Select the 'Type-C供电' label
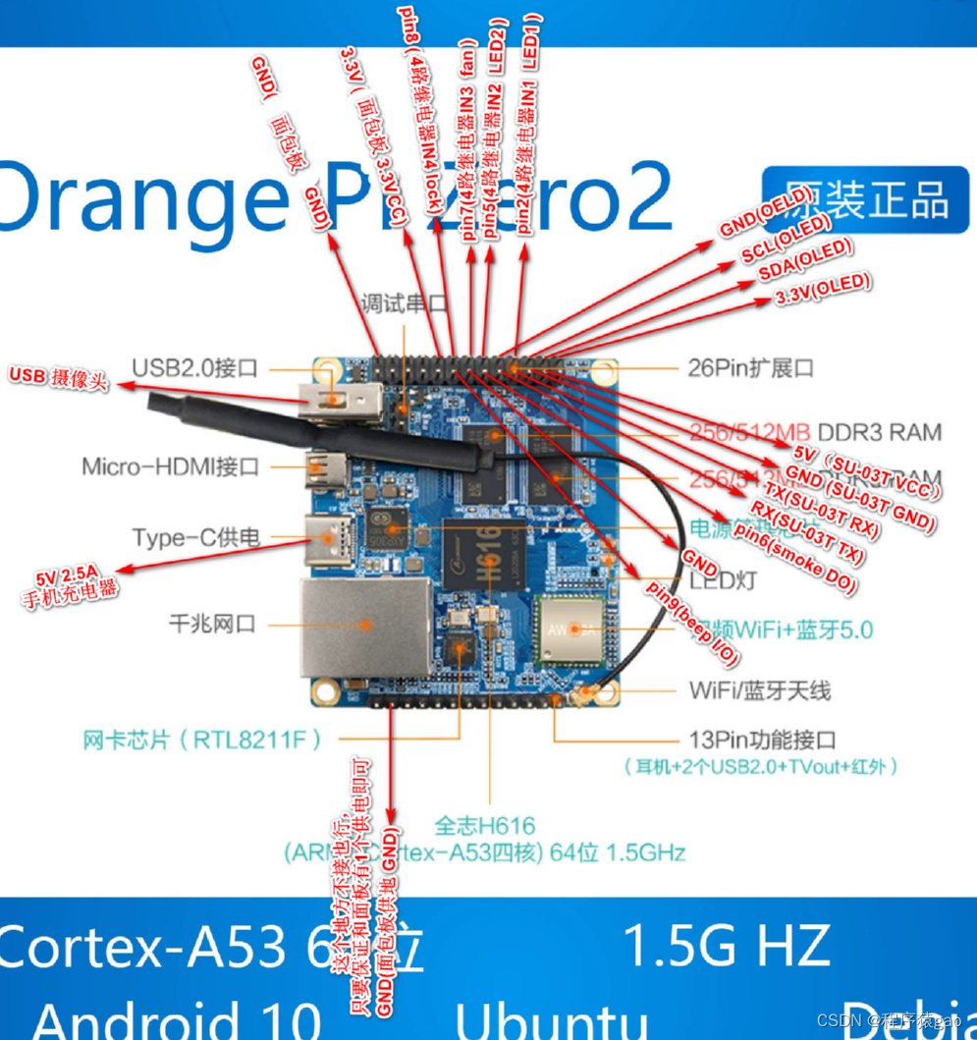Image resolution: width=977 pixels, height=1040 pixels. pos(196,538)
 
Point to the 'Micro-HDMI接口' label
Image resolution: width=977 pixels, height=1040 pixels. pos(171,466)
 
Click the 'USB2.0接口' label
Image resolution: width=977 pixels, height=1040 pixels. pos(195,368)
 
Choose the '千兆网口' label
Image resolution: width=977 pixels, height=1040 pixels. pos(212,623)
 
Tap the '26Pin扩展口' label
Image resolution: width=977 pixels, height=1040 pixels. pos(751,368)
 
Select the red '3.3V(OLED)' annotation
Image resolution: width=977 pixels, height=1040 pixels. pos(823,289)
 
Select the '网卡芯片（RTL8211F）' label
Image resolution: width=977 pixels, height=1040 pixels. pos(201,739)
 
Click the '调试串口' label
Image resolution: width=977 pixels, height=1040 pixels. pos(405,302)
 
